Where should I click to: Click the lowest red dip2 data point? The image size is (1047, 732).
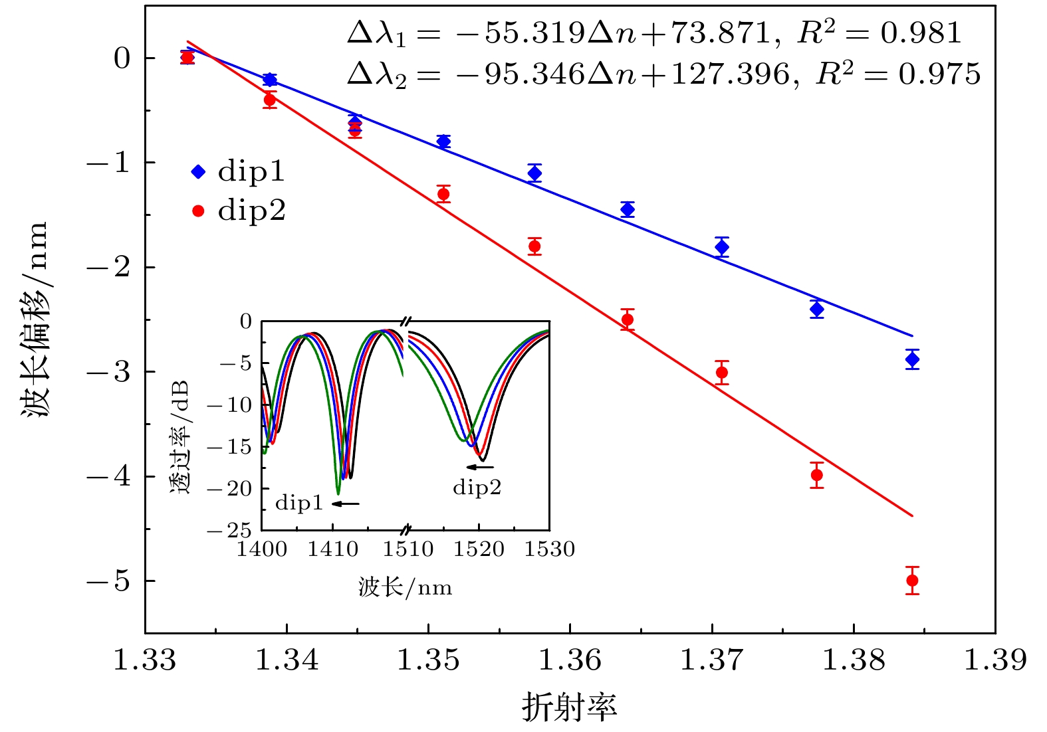pos(912,581)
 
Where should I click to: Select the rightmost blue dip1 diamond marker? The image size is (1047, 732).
pos(912,359)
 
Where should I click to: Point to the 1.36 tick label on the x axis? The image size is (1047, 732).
pos(570,660)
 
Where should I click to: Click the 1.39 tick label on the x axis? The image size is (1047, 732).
pos(994,660)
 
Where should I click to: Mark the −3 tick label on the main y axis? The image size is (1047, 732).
pos(109,372)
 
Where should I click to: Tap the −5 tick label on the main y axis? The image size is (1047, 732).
pos(109,581)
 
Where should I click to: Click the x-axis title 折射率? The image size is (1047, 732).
pos(569,707)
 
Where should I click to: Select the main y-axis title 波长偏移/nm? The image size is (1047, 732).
pos(35,319)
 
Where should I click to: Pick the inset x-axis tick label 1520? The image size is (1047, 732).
pos(479,549)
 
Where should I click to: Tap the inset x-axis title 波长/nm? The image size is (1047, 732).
pos(405,587)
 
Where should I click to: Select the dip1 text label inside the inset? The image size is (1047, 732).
pos(299,503)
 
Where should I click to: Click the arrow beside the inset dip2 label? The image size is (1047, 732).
pos(479,467)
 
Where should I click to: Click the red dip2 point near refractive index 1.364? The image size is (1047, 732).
pos(627,320)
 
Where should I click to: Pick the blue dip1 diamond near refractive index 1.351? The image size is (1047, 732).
pos(443,141)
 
